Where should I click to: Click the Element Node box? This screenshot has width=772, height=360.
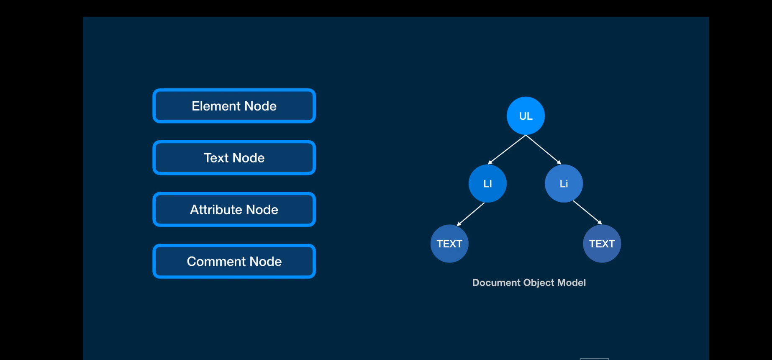point(234,106)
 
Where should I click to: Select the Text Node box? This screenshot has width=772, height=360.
point(234,158)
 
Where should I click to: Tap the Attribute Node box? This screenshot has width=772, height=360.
point(234,209)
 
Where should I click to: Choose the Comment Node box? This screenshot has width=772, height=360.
point(234,261)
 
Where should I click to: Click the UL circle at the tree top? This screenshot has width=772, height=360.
point(526,116)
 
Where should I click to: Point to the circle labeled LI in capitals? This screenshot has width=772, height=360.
point(487,183)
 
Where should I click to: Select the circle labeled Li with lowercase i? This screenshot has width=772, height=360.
point(564,183)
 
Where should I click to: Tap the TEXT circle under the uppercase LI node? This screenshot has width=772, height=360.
point(449,244)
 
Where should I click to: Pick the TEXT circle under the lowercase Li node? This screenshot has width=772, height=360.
point(602,244)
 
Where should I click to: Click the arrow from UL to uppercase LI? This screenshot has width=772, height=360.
point(507,150)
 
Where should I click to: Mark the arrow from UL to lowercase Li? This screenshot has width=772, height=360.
point(544,150)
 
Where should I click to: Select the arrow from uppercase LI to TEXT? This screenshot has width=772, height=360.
point(470,214)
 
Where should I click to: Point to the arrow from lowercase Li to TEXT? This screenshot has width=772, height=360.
point(587,213)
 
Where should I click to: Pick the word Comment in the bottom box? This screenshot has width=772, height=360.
point(216,261)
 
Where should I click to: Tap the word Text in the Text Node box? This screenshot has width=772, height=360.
point(216,158)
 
